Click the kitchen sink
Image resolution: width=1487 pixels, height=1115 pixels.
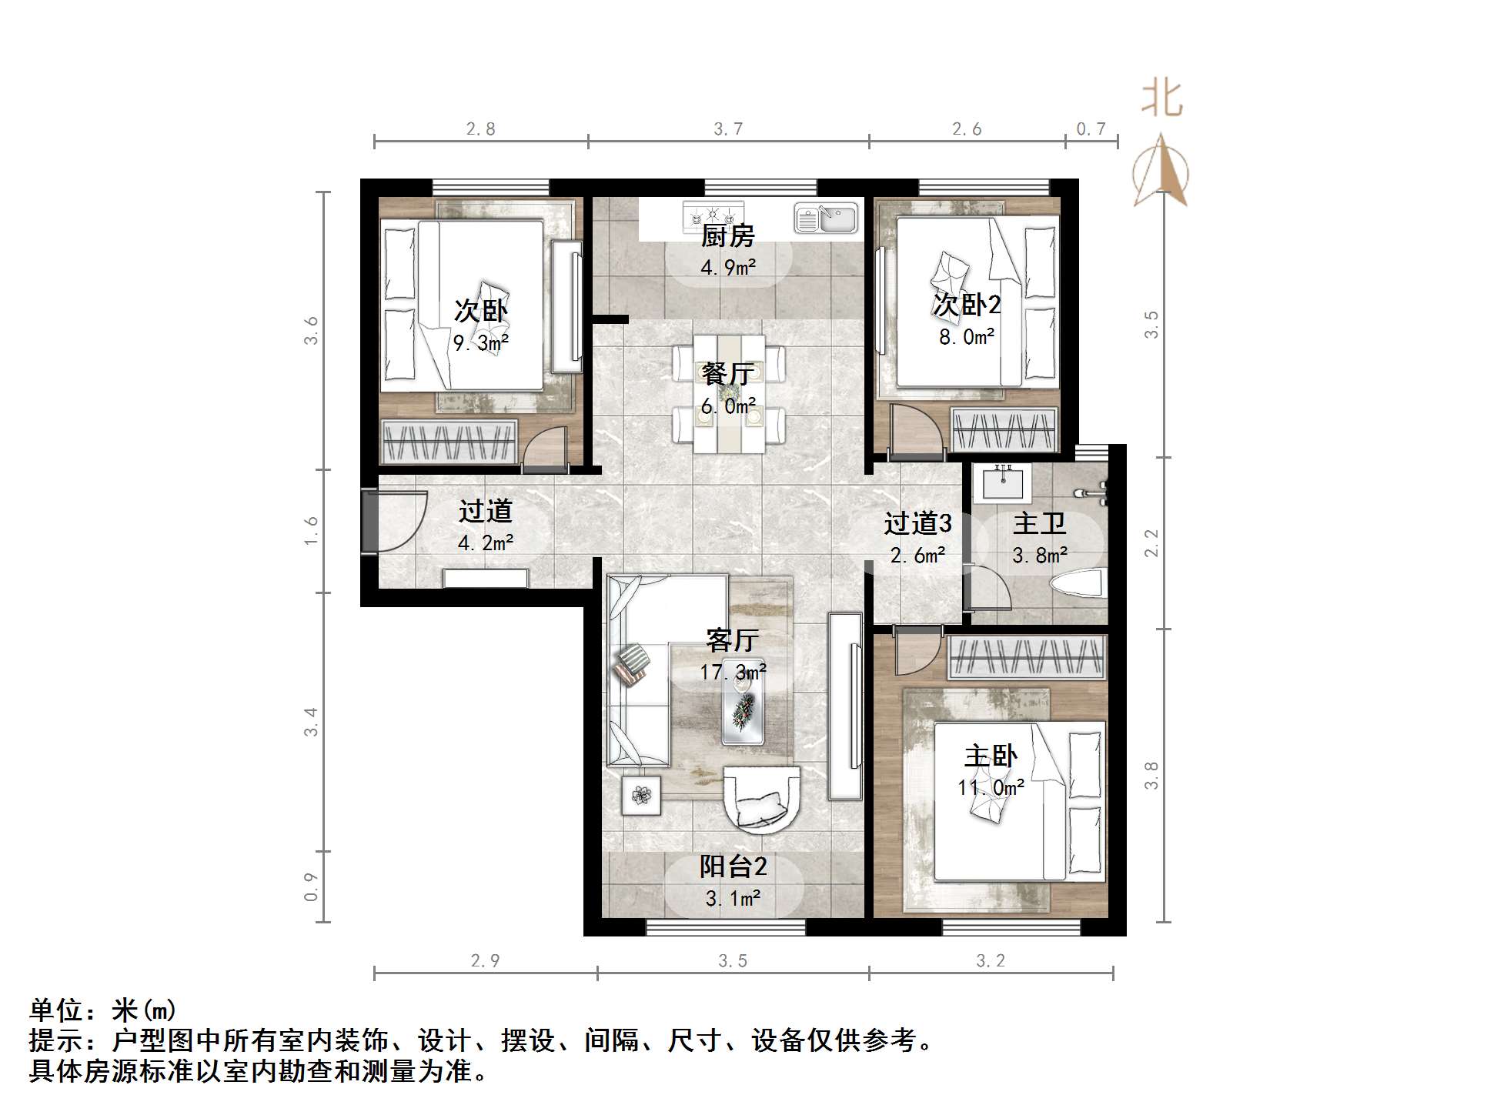coord(827,218)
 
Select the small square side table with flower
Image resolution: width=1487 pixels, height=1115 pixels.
coord(641,795)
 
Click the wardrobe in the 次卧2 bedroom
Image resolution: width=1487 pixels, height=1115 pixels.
coord(1004,429)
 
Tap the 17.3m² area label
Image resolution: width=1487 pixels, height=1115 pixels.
coord(732,672)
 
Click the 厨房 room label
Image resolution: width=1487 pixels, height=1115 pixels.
coord(727,235)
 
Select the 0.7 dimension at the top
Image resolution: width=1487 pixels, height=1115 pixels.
coord(1091,129)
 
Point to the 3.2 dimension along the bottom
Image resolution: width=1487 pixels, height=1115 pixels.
coord(991,960)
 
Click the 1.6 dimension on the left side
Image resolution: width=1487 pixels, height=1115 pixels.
coord(311,530)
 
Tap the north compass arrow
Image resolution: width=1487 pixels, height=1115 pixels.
coord(1161,172)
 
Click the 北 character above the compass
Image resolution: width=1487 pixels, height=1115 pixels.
coord(1161,100)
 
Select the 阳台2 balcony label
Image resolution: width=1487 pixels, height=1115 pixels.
coord(733,866)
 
